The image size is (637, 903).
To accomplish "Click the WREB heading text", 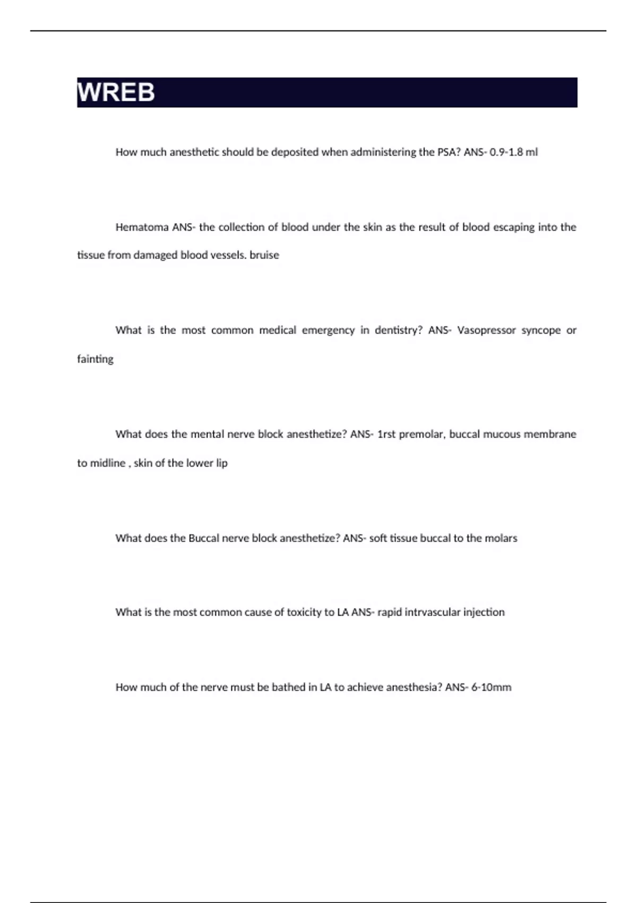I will (116, 92).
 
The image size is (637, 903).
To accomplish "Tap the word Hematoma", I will (142, 227).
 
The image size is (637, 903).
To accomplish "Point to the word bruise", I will (264, 255).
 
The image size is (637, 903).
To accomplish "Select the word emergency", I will (328, 330).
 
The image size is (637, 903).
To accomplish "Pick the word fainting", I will (96, 359).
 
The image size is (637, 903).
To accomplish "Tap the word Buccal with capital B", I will (203, 538).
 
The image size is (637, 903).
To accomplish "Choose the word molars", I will (501, 538).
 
